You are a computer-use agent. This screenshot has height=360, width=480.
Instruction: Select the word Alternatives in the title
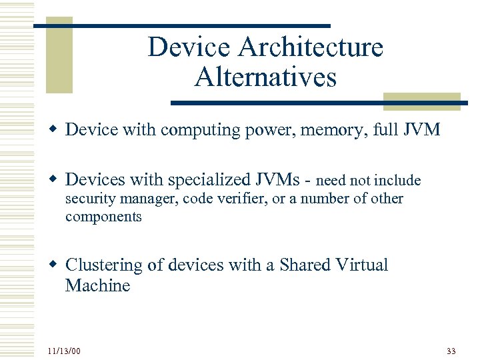pyautogui.click(x=265, y=78)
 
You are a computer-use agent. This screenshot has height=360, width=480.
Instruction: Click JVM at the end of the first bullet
pyautogui.click(x=422, y=129)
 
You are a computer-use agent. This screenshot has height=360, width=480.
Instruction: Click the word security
pyautogui.click(x=91, y=199)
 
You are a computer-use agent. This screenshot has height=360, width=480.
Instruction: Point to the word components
pyautogui.click(x=103, y=217)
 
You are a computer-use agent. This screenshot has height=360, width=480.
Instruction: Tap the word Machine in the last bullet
pyautogui.click(x=97, y=286)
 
